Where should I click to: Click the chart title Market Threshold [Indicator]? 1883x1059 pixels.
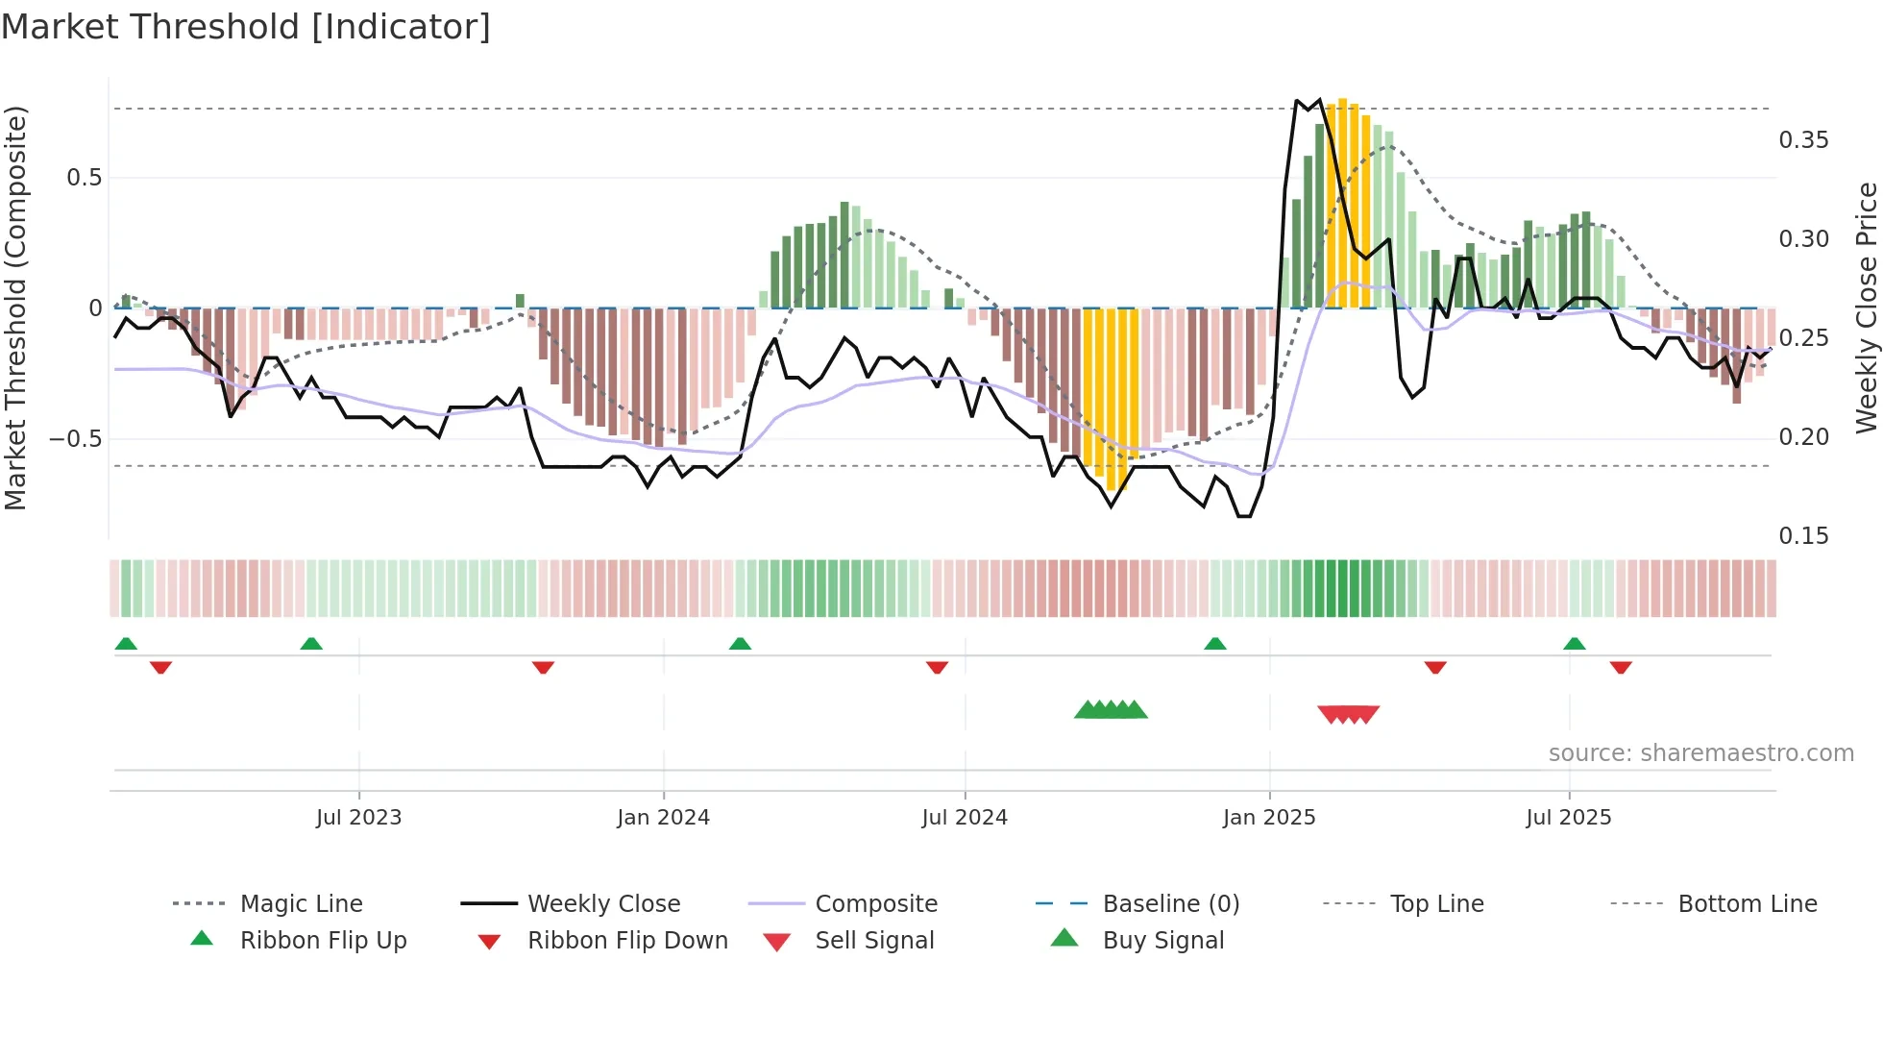click(246, 27)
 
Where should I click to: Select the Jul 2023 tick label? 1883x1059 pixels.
click(358, 818)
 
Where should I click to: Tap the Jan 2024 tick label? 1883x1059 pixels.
click(663, 818)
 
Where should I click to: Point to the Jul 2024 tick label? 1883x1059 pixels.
click(965, 818)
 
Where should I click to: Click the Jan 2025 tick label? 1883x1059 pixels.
click(1269, 818)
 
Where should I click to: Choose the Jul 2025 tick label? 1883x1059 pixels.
click(1569, 818)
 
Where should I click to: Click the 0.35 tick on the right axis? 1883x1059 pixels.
click(1803, 140)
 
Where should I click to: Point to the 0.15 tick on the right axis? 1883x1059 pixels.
click(1803, 536)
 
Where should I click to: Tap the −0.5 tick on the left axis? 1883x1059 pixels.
click(75, 439)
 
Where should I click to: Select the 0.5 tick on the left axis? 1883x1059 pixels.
click(84, 178)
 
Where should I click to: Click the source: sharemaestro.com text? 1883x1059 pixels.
click(1700, 753)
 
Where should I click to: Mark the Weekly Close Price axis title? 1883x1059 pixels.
click(1866, 308)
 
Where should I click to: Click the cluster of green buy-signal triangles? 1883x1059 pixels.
click(1111, 710)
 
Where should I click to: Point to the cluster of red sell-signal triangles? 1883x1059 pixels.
click(1348, 714)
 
